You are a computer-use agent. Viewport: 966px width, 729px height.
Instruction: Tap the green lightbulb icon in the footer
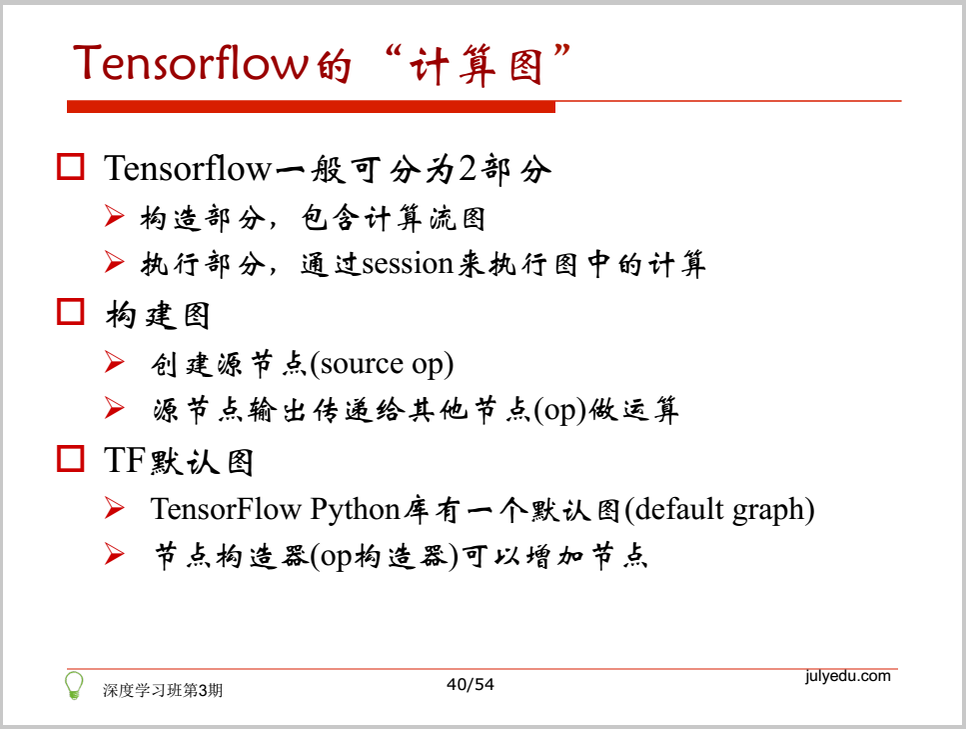[x=74, y=685]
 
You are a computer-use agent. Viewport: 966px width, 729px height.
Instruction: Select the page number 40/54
[x=471, y=684]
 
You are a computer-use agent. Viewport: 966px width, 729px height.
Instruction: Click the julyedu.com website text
[x=848, y=676]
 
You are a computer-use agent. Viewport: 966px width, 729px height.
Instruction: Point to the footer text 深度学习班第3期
[x=163, y=690]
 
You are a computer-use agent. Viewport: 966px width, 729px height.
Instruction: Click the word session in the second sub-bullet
[x=408, y=264]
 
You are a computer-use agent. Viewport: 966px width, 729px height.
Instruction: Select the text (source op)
[x=382, y=364]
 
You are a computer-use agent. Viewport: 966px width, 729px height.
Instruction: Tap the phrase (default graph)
[x=719, y=510]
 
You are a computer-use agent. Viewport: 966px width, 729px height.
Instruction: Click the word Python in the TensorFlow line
[x=355, y=510]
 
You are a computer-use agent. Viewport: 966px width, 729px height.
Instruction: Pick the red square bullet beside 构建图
[x=70, y=311]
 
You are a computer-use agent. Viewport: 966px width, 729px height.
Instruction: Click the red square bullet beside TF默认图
[x=70, y=458]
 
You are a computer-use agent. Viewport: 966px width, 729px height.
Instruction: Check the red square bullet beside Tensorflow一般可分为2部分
[x=70, y=167]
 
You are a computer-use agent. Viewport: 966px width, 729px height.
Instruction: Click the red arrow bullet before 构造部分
[x=114, y=216]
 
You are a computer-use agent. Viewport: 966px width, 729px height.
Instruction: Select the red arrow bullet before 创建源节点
[x=114, y=362]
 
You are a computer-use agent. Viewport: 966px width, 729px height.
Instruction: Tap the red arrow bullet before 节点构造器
[x=114, y=553]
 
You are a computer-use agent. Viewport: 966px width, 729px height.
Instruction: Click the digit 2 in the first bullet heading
[x=468, y=168]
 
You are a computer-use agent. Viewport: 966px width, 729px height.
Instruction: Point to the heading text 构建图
[x=158, y=315]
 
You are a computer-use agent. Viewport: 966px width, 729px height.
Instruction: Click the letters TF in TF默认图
[x=125, y=460]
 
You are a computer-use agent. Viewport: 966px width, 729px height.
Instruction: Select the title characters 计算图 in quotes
[x=476, y=65]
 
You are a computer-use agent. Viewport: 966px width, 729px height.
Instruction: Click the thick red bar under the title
[x=311, y=107]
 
